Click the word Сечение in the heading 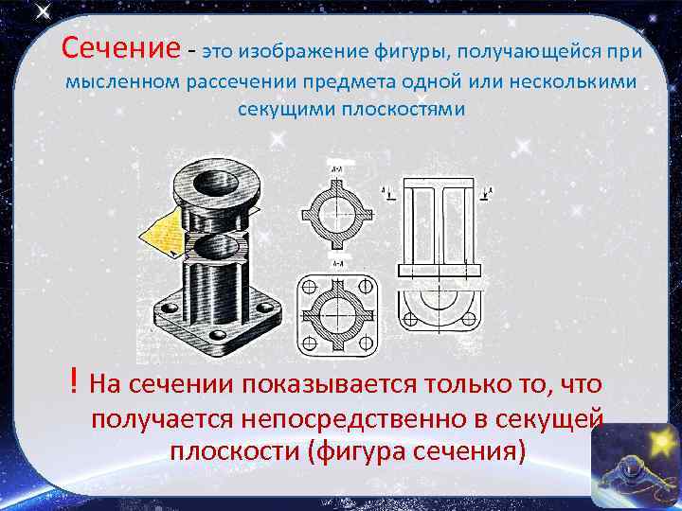[x=119, y=46]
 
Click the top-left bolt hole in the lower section [x=312, y=286]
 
